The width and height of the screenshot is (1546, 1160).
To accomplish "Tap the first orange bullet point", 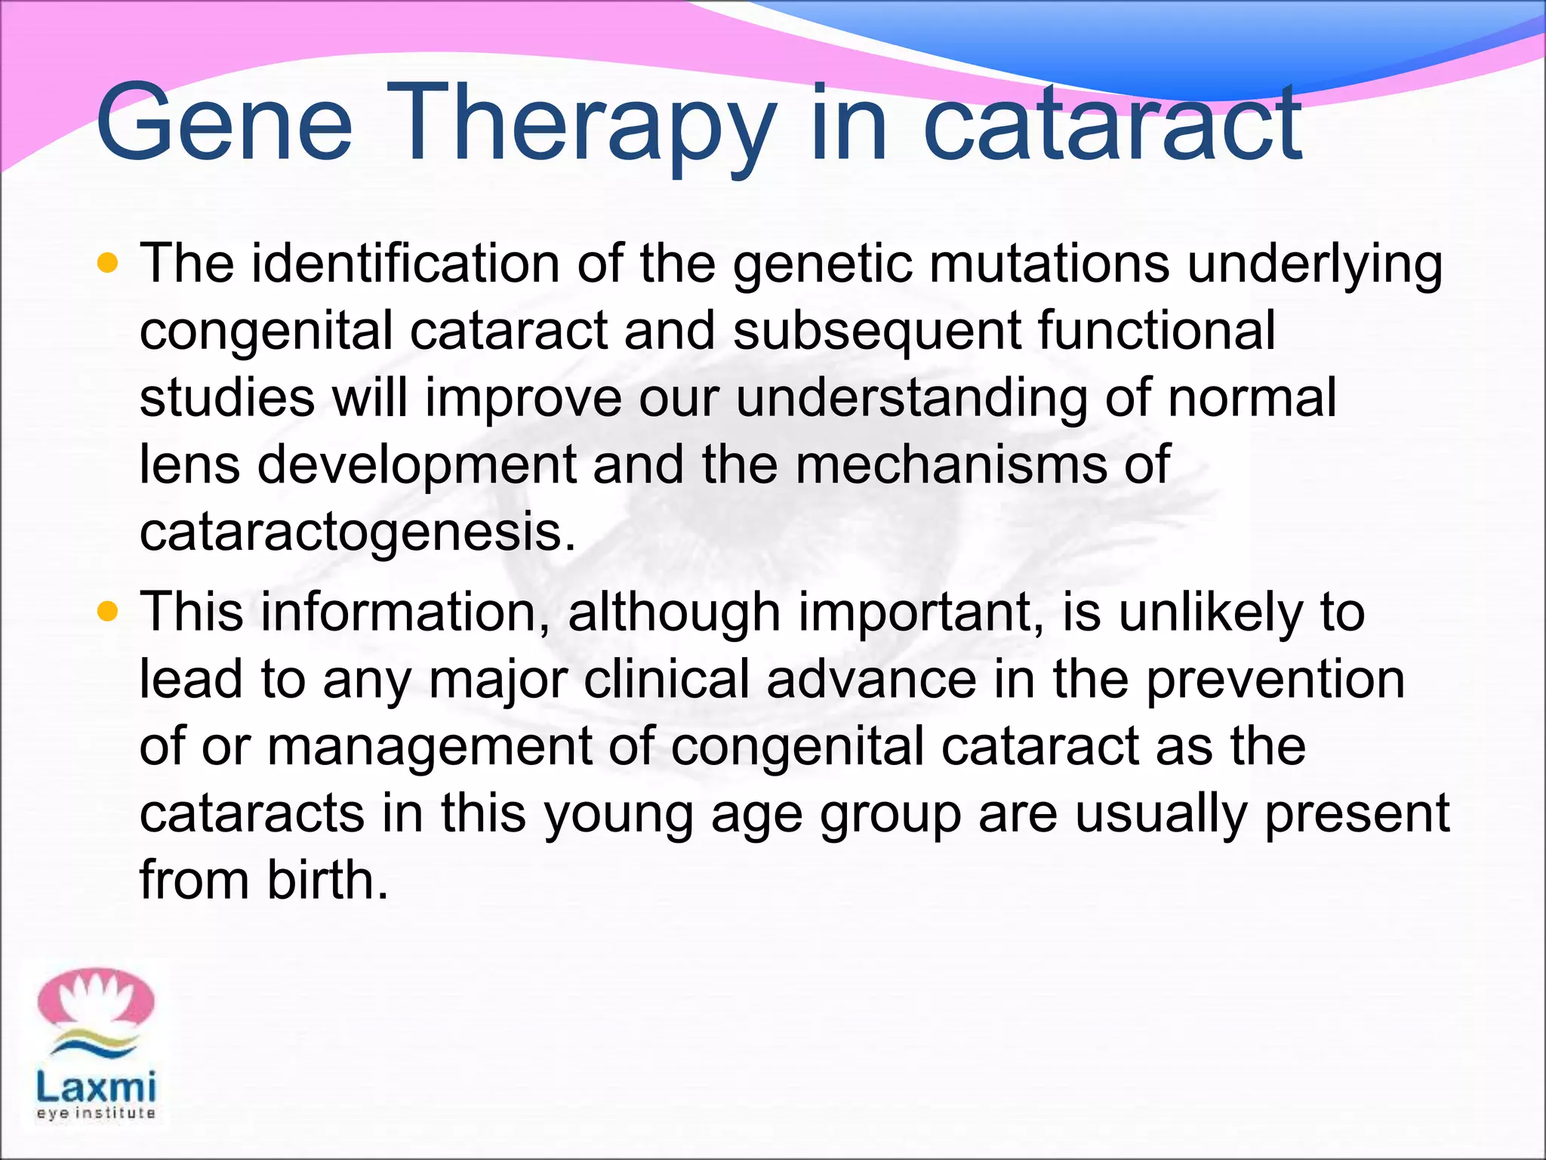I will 109,263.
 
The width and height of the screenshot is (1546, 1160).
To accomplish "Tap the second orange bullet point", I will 109,611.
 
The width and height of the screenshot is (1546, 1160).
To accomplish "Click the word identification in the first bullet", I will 405,264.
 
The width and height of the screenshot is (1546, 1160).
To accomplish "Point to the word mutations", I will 1049,264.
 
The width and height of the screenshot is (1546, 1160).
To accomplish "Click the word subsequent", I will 876,332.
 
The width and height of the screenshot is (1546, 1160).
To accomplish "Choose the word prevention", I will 1275,679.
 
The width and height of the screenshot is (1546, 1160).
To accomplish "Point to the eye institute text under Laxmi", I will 96,1113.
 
